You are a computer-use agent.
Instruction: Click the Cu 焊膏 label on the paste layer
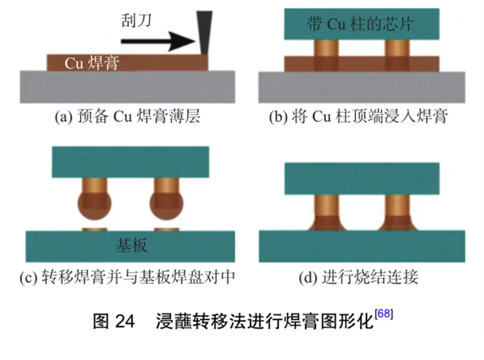click(91, 63)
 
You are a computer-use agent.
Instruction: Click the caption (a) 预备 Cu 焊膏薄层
click(128, 117)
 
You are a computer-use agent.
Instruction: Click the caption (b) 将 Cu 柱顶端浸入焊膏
click(358, 117)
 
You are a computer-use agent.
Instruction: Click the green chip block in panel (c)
click(130, 162)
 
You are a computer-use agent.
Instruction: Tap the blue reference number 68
click(384, 314)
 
